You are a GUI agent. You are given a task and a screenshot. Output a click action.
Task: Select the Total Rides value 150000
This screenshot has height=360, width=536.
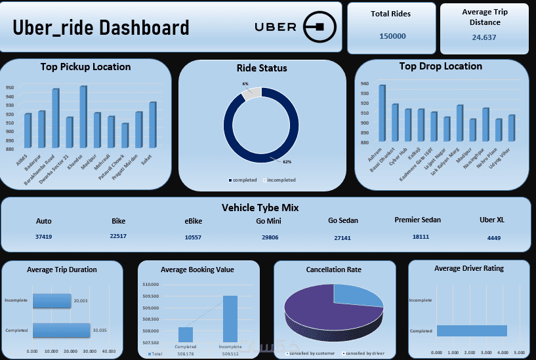[x=392, y=37]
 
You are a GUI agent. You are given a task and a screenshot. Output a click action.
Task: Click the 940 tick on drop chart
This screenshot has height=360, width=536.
[x=365, y=84]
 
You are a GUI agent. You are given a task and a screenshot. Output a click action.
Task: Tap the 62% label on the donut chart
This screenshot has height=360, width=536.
[x=287, y=161]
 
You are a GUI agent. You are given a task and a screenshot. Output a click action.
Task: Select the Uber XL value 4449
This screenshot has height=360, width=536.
[x=493, y=238]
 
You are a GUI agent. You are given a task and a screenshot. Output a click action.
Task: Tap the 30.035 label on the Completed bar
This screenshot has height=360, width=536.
[x=100, y=330]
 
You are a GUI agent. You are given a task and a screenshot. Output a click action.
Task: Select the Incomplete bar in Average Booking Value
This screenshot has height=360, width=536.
[x=230, y=318]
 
